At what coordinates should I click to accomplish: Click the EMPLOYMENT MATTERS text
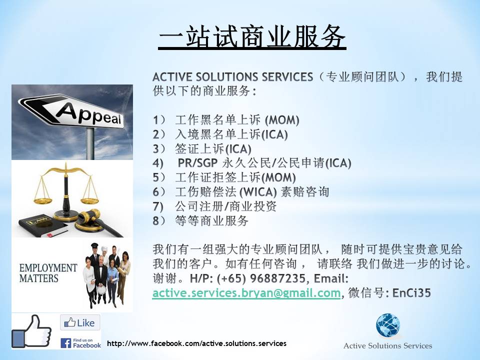coord(48,273)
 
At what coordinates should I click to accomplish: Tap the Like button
coord(80,322)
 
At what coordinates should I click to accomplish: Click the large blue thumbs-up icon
coord(31,331)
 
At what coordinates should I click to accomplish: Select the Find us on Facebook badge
coord(81,343)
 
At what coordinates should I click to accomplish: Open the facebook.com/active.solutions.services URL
coord(196,343)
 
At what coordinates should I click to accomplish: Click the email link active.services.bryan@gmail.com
coord(246,293)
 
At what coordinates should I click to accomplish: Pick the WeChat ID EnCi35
coord(411,293)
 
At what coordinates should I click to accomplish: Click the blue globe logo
coord(388,325)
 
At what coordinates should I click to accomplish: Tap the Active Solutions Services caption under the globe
coord(387,346)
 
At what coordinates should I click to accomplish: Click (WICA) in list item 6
coord(258,192)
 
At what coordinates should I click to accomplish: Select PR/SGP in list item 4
coord(198,163)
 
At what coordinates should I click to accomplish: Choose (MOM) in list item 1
coord(282,120)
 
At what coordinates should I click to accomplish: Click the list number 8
coord(156,220)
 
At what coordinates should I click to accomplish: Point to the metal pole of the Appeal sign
coord(90,143)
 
